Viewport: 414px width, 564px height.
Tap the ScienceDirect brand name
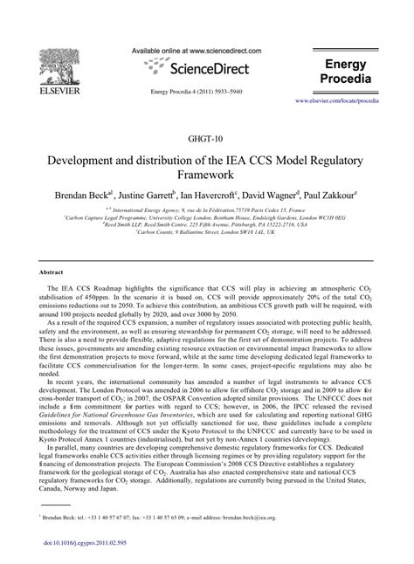click(x=210, y=68)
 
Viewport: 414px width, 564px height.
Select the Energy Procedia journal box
click(x=348, y=72)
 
